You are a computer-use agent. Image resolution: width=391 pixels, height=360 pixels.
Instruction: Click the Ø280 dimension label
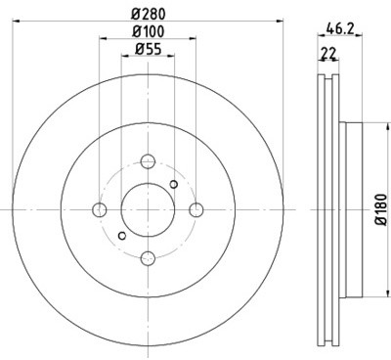(x=149, y=14)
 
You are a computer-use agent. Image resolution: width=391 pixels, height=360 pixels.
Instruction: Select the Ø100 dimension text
(x=149, y=31)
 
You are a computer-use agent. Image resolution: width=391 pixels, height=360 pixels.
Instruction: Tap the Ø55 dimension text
(x=149, y=50)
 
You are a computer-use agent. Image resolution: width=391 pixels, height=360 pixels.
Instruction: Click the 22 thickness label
(x=328, y=53)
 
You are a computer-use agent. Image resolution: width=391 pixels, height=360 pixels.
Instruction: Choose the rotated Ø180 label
(x=381, y=209)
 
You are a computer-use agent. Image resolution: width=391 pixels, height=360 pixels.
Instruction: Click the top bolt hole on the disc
(x=149, y=161)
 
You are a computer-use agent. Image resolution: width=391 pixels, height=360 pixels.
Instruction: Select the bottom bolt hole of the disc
(x=149, y=258)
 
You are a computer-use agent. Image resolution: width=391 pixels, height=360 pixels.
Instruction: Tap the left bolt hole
(x=100, y=209)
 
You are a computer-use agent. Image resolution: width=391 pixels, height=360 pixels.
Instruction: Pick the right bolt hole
(x=196, y=209)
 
